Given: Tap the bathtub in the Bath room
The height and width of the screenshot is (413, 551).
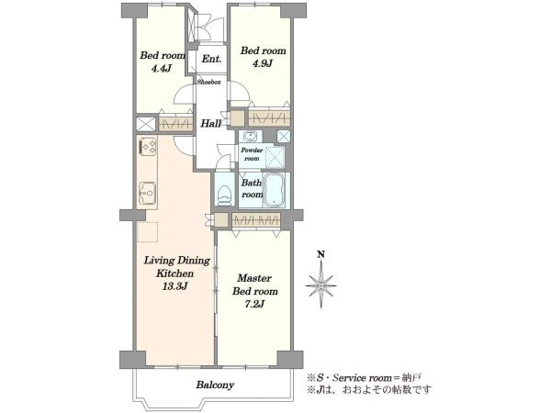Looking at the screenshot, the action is (x=274, y=190).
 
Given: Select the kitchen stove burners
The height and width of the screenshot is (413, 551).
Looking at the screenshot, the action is (x=148, y=146).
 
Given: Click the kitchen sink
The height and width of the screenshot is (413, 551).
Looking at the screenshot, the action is (x=148, y=193).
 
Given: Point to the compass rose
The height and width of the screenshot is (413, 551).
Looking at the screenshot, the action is (x=320, y=285).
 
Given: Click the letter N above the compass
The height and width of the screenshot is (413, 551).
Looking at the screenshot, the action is (x=320, y=254).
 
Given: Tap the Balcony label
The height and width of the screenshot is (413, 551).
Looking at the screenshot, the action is (x=215, y=385).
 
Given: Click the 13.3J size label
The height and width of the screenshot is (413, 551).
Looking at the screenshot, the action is (x=174, y=286).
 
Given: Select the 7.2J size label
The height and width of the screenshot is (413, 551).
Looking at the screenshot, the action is (x=254, y=304).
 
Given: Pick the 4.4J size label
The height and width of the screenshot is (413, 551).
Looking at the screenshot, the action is (x=161, y=68).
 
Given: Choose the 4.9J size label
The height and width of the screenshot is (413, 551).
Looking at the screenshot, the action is (x=263, y=63).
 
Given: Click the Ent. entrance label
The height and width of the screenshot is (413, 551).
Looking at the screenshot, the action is (x=211, y=59).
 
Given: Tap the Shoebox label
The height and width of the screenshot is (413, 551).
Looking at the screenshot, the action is (x=208, y=83).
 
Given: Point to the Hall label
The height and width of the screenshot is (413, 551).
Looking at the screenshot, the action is (x=211, y=123).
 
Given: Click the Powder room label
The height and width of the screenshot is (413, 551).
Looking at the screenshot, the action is (x=252, y=154).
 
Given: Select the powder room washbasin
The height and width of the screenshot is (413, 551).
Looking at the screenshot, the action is (x=250, y=136).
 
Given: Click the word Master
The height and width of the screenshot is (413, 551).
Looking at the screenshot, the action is (x=254, y=278).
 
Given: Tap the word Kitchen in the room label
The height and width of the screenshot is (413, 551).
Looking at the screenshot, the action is (x=174, y=273).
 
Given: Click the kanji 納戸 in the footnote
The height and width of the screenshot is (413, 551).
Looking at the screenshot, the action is (x=412, y=378).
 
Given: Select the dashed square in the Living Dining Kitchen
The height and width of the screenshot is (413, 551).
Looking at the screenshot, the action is (x=147, y=232).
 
